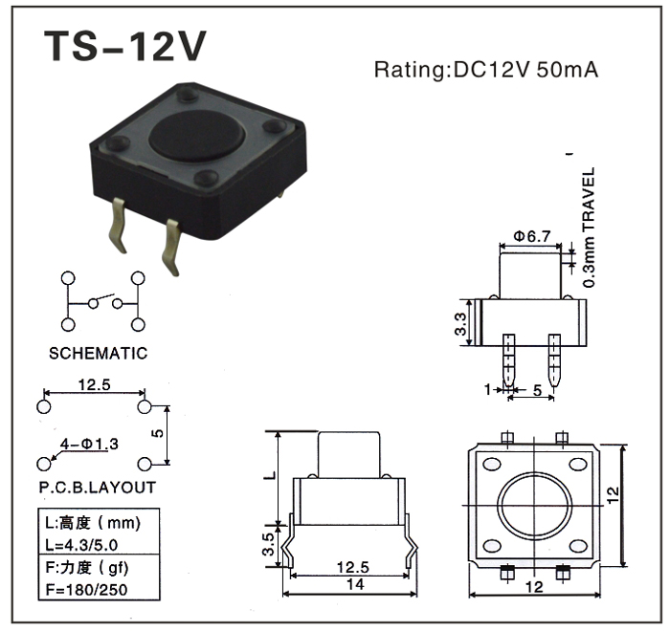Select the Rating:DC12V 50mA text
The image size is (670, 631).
tap(486, 70)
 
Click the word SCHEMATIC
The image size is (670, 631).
tap(99, 353)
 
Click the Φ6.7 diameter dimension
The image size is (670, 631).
tap(531, 236)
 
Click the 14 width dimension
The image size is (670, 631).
tap(355, 585)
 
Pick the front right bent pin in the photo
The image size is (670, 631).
tap(173, 246)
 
